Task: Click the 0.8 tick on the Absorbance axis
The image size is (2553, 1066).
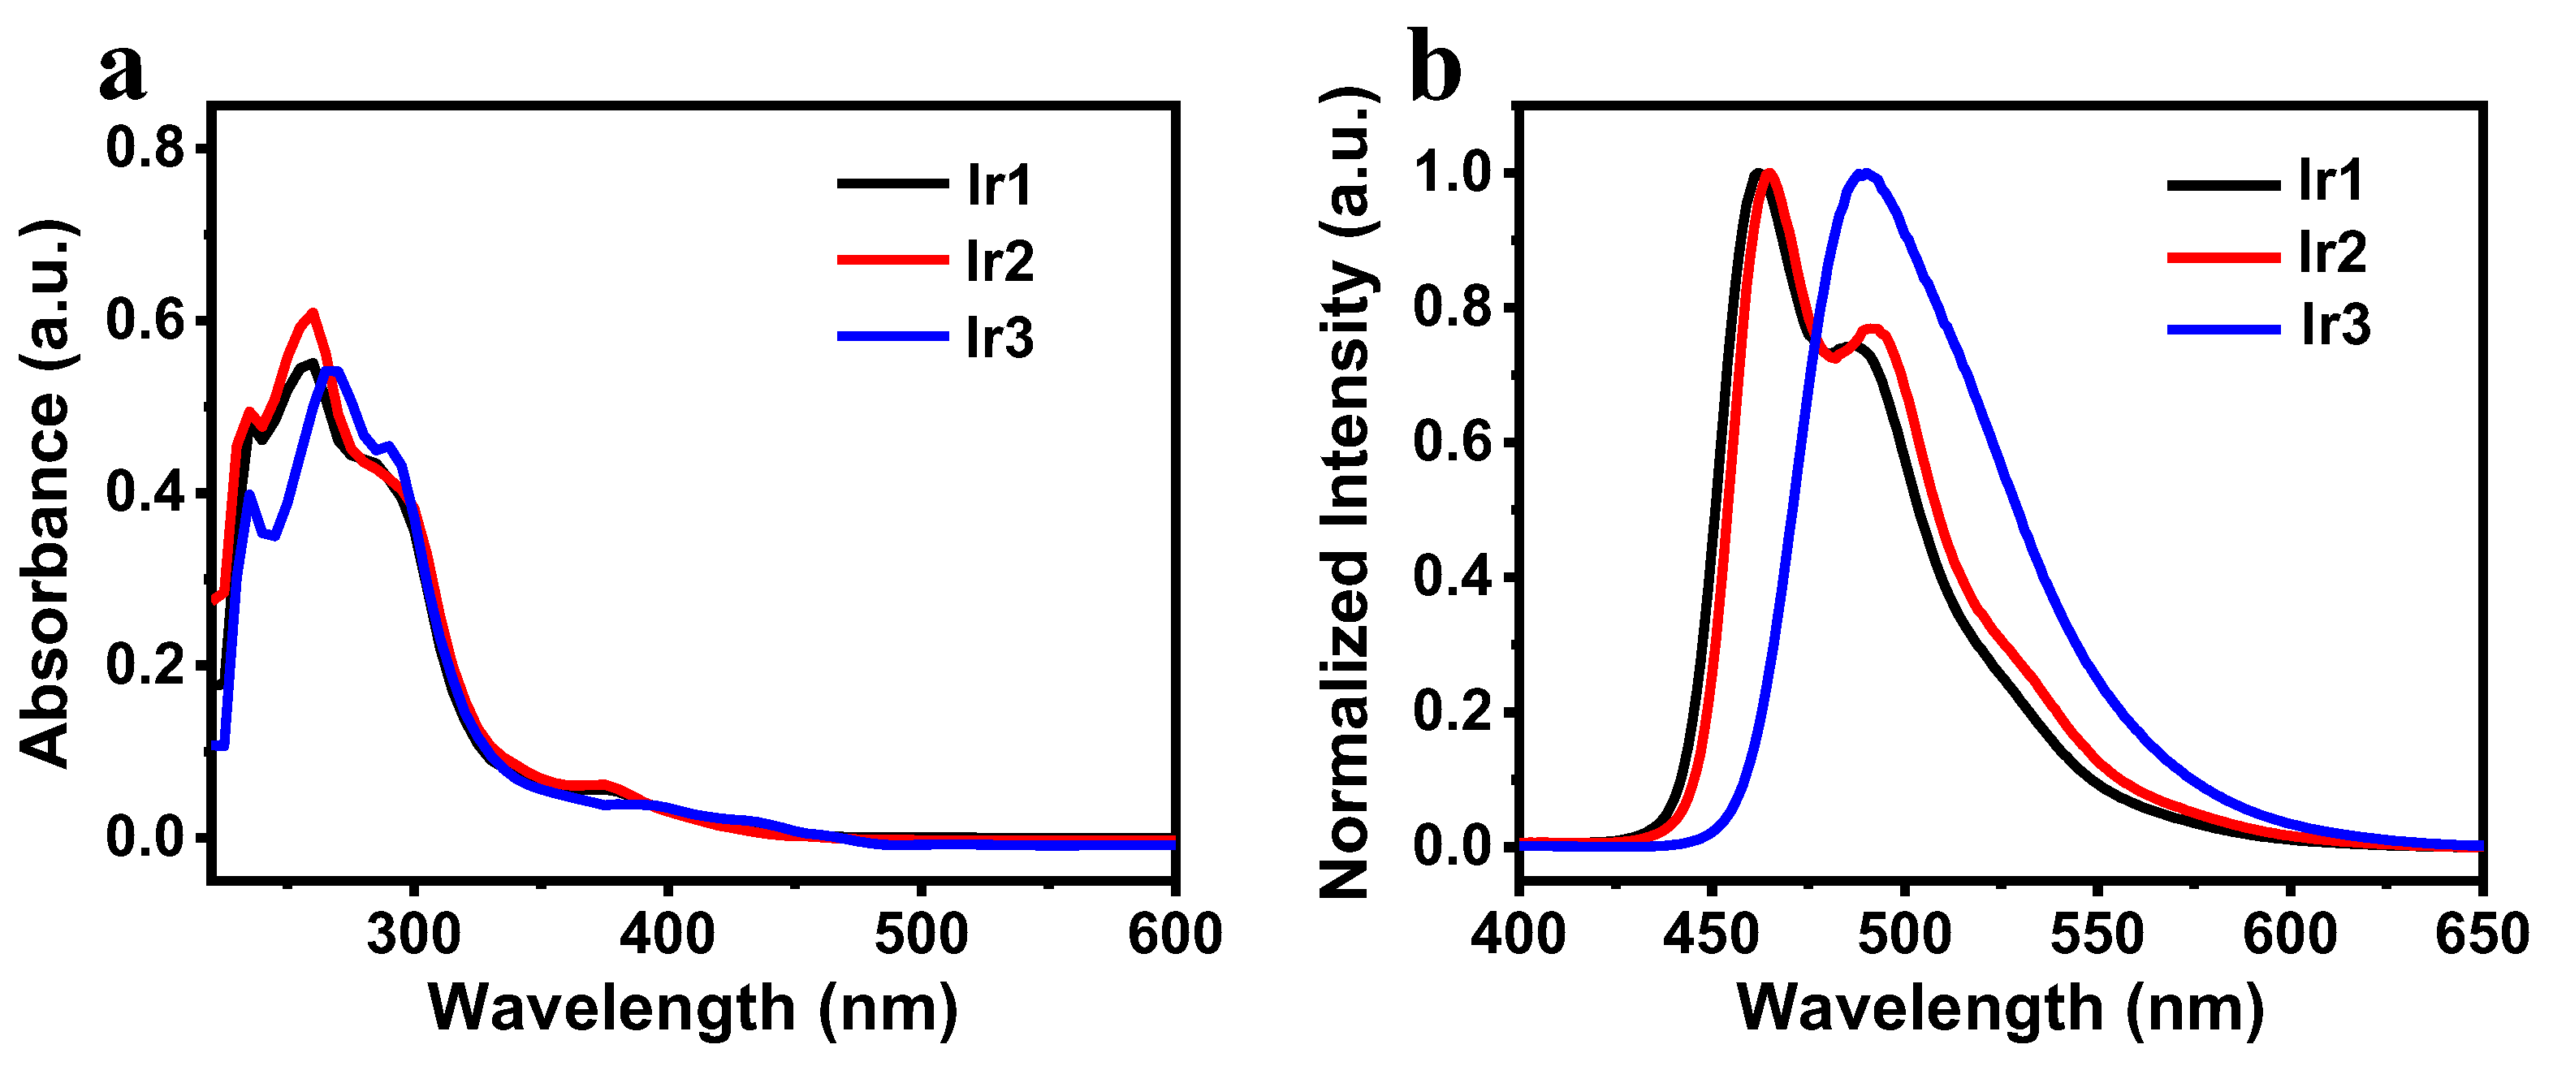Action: click(145, 149)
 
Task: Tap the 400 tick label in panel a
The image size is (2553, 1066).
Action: click(667, 934)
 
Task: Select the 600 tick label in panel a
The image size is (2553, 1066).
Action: click(1174, 934)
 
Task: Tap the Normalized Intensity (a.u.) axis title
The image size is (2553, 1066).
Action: click(1346, 492)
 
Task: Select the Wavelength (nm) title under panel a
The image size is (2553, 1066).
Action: click(693, 1009)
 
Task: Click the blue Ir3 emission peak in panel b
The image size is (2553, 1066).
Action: click(1866, 174)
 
